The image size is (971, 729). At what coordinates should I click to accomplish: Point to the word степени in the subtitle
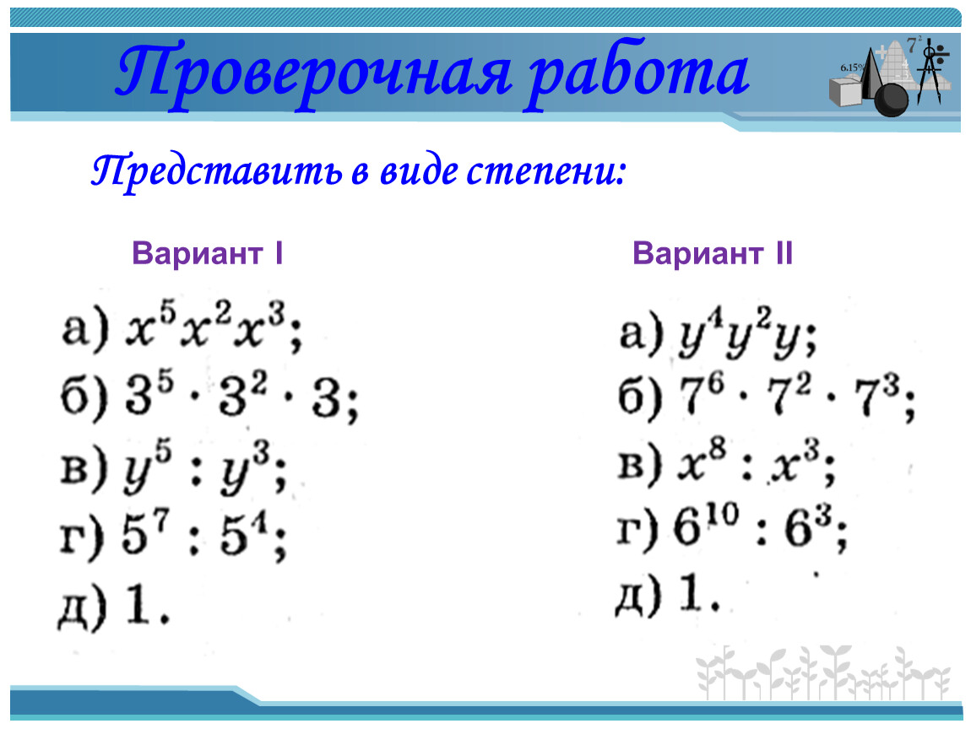(x=545, y=172)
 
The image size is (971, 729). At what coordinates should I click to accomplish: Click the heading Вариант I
(x=208, y=254)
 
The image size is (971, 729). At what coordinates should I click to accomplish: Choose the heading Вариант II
(x=712, y=254)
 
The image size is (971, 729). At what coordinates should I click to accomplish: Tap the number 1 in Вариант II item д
(x=692, y=593)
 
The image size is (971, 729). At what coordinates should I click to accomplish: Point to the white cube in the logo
(x=845, y=91)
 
